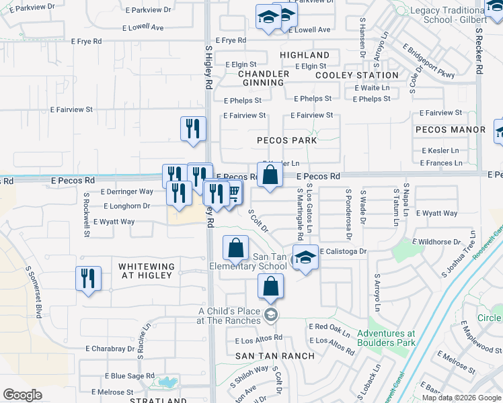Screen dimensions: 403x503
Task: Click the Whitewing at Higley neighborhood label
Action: coord(147,272)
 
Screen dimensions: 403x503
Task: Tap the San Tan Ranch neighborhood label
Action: coord(276,355)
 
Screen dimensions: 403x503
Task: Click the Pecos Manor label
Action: coord(451,129)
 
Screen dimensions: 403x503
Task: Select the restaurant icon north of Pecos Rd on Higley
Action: coord(193,128)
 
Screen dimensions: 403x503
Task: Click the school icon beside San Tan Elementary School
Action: coord(305,259)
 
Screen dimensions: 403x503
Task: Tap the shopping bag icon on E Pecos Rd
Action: coord(270,175)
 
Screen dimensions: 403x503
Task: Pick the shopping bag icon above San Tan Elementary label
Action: coord(236,249)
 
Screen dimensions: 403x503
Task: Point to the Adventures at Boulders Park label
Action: coord(386,338)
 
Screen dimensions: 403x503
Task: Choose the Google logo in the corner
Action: coord(22,395)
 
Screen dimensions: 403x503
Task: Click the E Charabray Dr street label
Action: coord(110,349)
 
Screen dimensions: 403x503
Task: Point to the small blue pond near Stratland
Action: coord(165,384)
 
